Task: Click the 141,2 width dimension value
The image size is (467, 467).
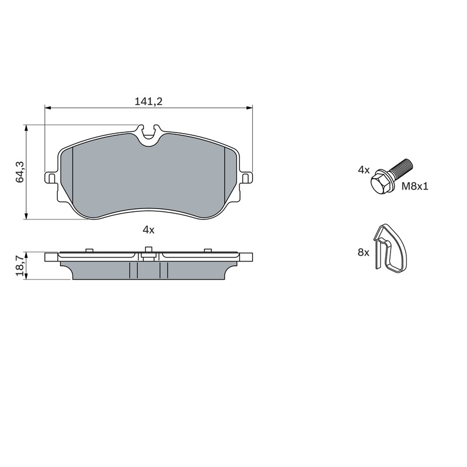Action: point(149,102)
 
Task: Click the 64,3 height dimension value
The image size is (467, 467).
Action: point(20,172)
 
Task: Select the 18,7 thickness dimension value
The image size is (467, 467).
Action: point(20,266)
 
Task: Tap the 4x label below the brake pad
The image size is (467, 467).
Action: point(149,229)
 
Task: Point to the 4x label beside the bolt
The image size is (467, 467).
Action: point(364,170)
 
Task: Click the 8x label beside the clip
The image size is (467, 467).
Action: point(363,253)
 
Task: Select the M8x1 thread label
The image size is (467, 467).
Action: point(415,186)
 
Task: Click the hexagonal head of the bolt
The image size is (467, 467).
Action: point(381,183)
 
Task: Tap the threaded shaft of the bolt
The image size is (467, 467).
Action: point(401,168)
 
